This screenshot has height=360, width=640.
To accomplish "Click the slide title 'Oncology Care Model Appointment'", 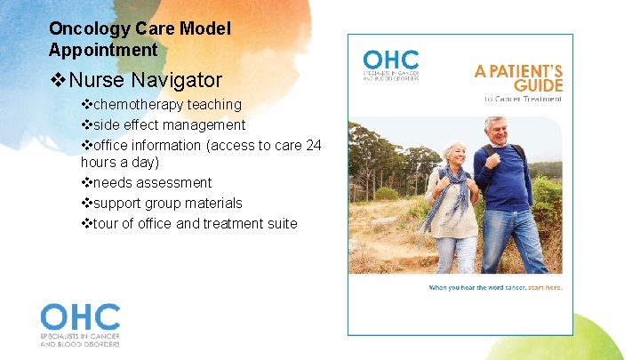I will (140, 39).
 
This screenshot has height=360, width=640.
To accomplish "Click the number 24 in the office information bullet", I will (313, 145).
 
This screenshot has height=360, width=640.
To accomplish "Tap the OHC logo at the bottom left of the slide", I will (80, 324).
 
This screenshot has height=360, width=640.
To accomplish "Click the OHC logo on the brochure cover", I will (391, 64).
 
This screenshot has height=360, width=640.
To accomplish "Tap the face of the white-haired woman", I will (454, 156).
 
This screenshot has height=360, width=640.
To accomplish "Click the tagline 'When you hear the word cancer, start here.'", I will (495, 287).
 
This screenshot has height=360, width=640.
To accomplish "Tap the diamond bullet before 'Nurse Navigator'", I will (60, 80).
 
